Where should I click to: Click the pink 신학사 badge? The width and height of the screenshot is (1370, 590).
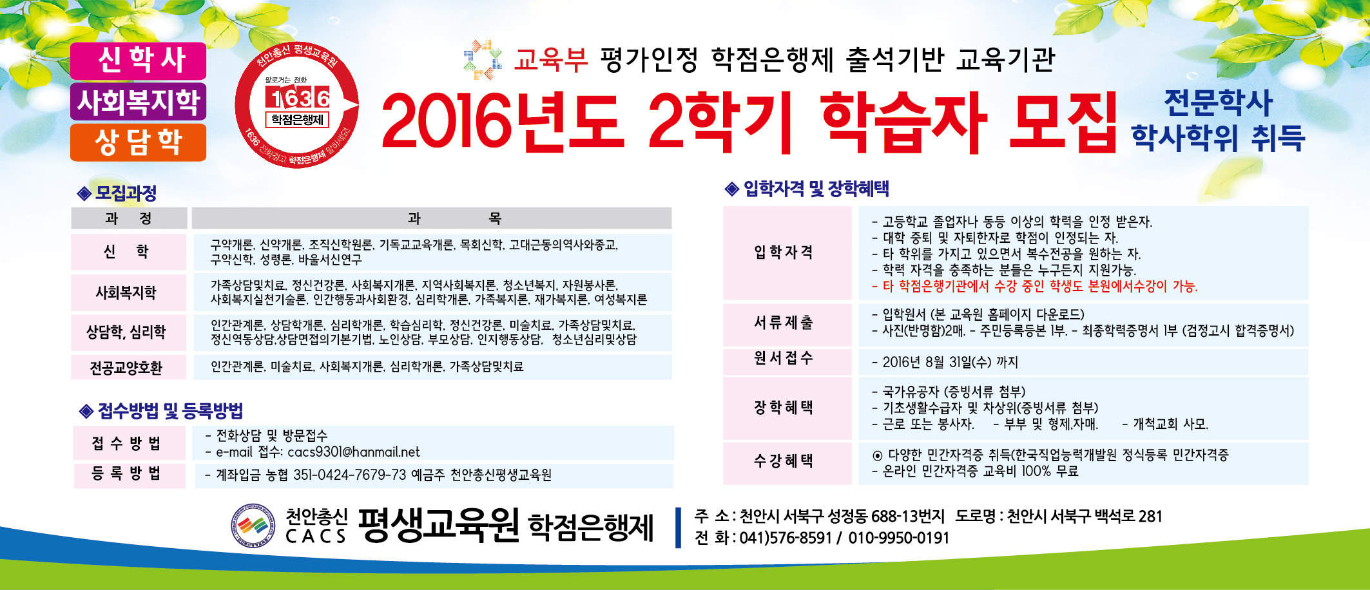click(139, 61)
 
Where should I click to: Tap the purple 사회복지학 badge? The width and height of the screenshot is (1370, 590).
click(139, 101)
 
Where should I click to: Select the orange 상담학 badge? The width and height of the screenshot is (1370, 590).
click(139, 142)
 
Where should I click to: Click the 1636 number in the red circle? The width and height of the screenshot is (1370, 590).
click(297, 99)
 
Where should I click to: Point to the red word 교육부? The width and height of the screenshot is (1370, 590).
click(551, 59)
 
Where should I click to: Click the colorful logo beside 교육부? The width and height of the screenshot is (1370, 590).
click(483, 59)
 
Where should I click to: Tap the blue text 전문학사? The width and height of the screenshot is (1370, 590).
click(1218, 102)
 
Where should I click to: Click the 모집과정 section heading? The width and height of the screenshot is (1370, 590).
click(126, 193)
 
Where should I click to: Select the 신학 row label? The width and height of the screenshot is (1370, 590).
click(126, 251)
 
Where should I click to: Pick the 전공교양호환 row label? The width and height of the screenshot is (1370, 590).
click(126, 368)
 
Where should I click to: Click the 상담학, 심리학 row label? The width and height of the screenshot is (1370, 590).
click(126, 332)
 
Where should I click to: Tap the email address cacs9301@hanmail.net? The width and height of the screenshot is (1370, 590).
click(354, 452)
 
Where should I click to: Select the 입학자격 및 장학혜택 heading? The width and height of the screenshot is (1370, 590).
click(816, 189)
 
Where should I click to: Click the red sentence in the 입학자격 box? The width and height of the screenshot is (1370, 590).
click(1034, 286)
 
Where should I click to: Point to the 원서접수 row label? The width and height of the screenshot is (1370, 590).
click(784, 358)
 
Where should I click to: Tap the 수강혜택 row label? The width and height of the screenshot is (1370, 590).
click(784, 461)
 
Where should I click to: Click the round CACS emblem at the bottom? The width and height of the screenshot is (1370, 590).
click(253, 526)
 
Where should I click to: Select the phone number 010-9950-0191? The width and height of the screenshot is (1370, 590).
click(898, 538)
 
